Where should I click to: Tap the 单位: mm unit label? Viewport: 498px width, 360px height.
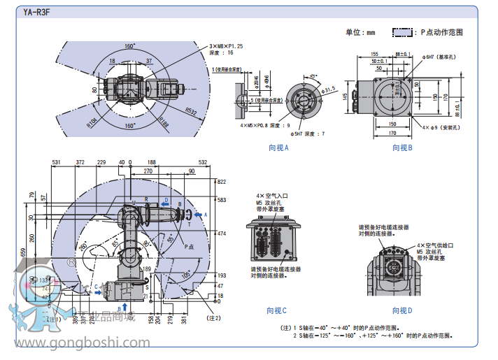[x=360, y=32]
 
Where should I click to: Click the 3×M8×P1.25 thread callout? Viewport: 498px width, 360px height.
[x=229, y=46]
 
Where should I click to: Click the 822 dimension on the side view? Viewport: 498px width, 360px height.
[x=222, y=181]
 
